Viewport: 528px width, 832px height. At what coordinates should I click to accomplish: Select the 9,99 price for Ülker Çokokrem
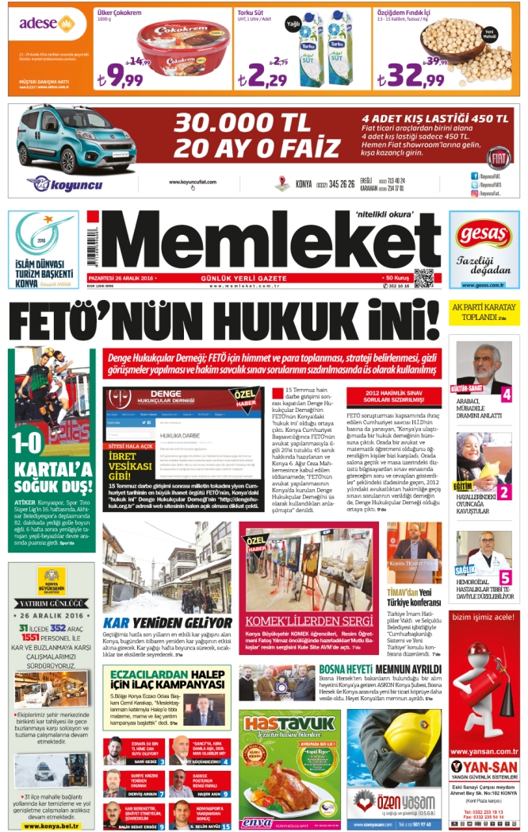pos(120,77)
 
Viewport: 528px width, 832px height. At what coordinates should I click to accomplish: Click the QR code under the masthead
pos(423,279)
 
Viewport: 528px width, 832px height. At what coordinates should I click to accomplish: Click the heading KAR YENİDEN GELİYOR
pos(167,622)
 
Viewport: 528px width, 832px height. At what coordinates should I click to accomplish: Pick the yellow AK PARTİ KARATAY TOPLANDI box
pos(484,312)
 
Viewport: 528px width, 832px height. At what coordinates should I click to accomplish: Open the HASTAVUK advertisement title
pos(289,723)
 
